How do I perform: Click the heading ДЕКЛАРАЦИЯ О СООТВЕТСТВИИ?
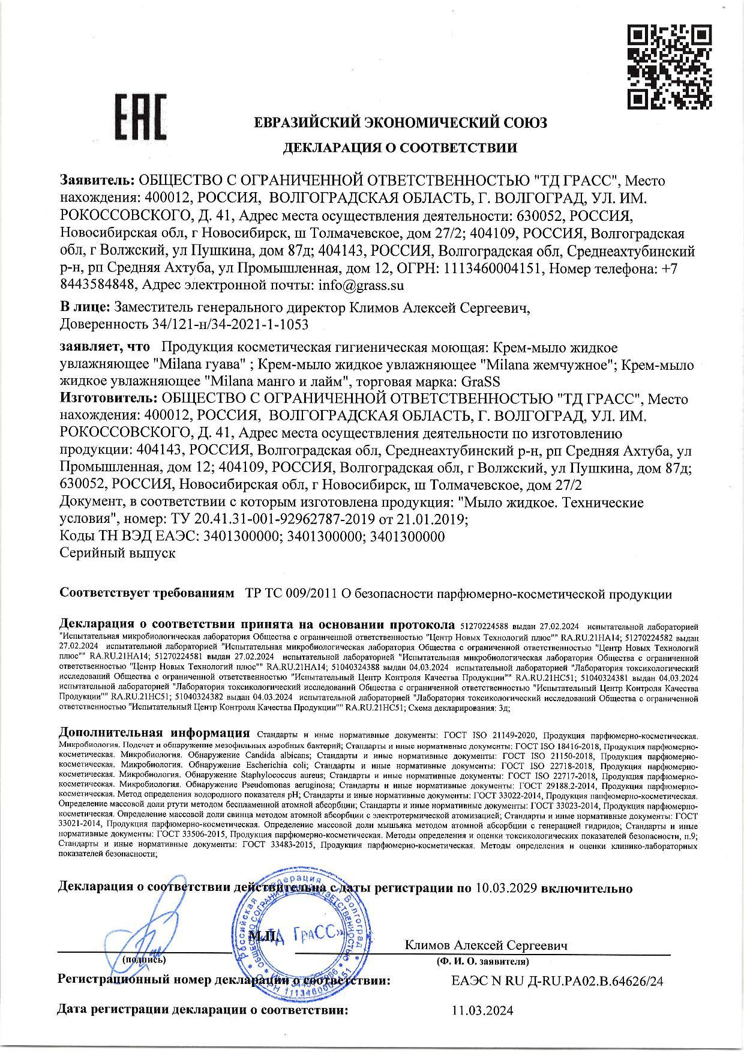pyautogui.click(x=400, y=147)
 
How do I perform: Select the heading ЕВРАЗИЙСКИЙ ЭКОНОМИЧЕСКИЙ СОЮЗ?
pyautogui.click(x=400, y=123)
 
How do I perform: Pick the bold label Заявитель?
pyautogui.click(x=98, y=181)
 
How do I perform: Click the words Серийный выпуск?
pyautogui.click(x=118, y=553)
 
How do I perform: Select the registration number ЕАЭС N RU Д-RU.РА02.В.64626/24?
pyautogui.click(x=557, y=981)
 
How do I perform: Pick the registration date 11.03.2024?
pyautogui.click(x=483, y=1011)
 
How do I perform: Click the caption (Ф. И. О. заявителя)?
pyautogui.click(x=483, y=962)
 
